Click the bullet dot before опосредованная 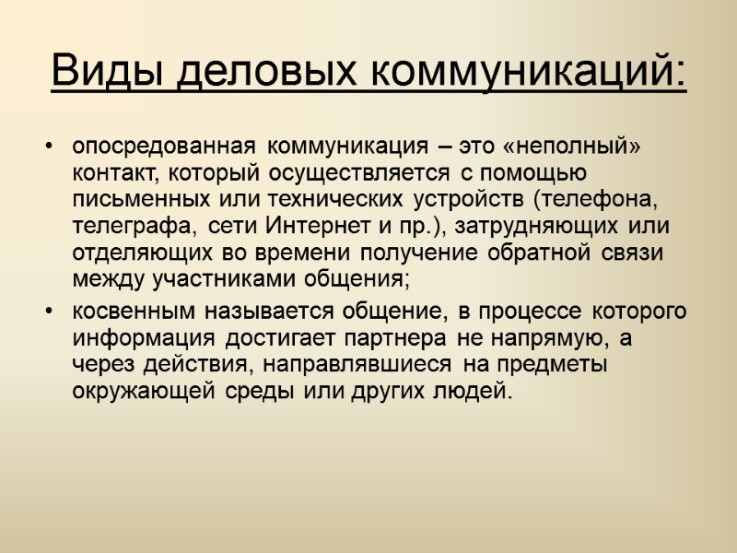[50, 147]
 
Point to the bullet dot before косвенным [50, 312]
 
